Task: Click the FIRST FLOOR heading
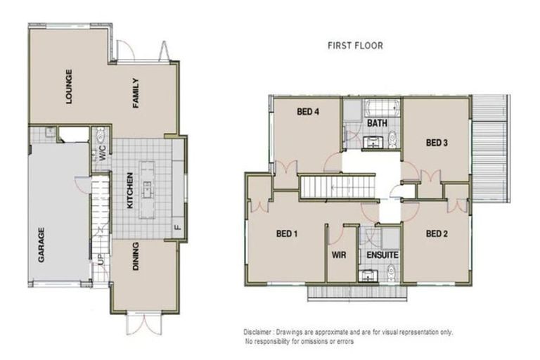[x=355, y=46]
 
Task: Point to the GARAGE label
[x=41, y=244]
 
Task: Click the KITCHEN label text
[x=129, y=191]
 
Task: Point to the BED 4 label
[x=308, y=111]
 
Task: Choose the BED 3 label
[x=437, y=143]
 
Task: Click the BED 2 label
[x=437, y=233]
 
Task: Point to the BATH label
[x=377, y=124]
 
